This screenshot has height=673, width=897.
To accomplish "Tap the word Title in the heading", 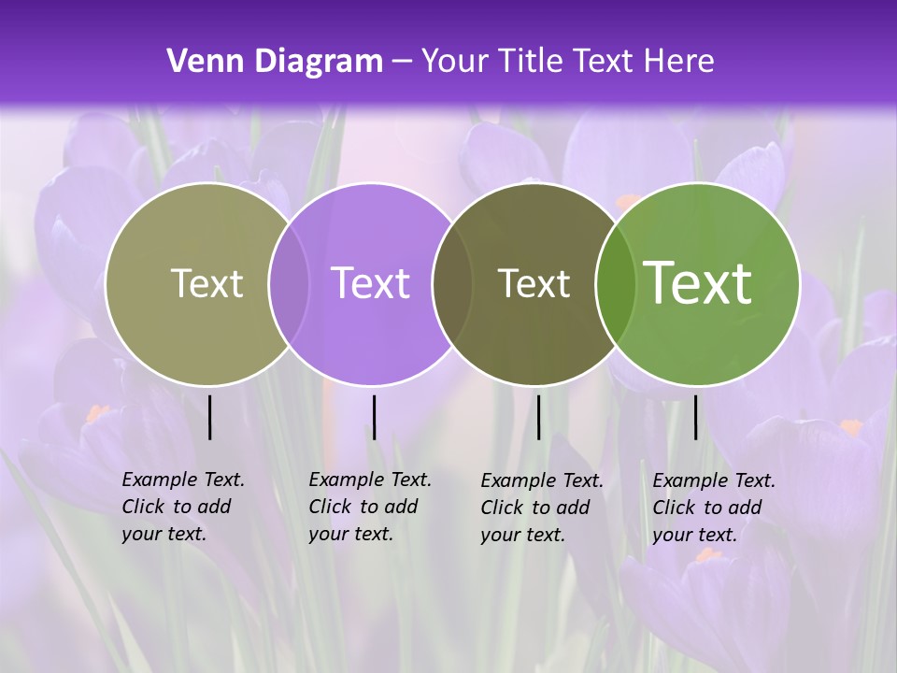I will (532, 62).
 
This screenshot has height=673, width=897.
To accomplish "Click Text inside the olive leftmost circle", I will (206, 283).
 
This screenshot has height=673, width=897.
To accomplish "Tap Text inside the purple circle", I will (370, 283).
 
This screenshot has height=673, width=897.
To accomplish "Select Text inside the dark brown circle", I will (534, 283).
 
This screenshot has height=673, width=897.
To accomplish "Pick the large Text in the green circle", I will (698, 283).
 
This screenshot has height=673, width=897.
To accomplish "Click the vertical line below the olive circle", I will (210, 417).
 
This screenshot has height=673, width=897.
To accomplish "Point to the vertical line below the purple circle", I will (374, 417).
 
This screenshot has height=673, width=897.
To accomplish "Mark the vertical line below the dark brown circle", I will (538, 417).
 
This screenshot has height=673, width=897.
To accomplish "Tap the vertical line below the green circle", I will (696, 417).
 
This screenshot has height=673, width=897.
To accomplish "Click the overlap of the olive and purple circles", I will (289, 284).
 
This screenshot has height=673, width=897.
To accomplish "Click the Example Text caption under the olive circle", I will (182, 507).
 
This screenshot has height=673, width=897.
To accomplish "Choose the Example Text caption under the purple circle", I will (369, 507).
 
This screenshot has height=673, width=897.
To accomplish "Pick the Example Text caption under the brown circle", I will (541, 508).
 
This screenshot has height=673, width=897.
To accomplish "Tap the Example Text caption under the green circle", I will (713, 508).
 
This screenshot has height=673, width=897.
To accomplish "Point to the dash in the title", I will (402, 62).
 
